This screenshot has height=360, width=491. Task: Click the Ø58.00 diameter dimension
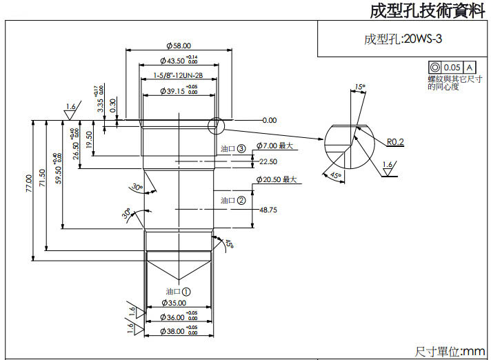click(x=178, y=46)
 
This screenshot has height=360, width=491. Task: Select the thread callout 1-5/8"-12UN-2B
click(x=178, y=74)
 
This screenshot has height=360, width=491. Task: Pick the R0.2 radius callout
click(x=394, y=142)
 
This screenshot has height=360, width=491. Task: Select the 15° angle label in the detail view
click(x=359, y=87)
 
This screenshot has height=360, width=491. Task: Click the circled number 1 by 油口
click(x=186, y=291)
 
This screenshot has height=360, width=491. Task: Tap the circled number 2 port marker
click(x=241, y=201)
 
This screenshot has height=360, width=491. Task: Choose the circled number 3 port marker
click(x=241, y=148)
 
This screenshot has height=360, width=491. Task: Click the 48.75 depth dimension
click(x=268, y=210)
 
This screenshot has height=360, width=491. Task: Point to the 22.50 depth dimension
click(x=268, y=161)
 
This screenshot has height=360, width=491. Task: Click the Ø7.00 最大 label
click(x=274, y=146)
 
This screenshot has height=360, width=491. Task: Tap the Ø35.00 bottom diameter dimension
click(x=173, y=303)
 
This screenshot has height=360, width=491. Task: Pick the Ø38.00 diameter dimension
click(x=173, y=331)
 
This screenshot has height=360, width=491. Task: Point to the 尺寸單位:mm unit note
click(x=450, y=352)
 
